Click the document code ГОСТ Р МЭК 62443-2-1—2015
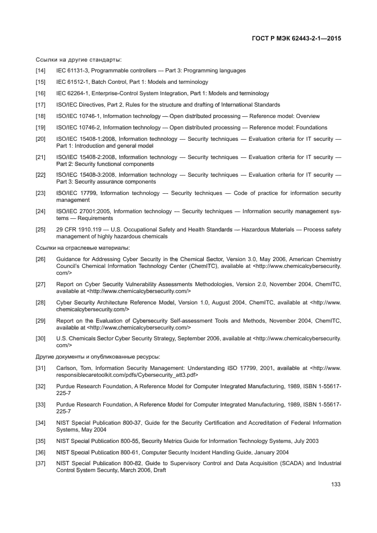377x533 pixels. coord(300,39)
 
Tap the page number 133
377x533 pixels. coord(336,485)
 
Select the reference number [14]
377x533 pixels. coord(40,71)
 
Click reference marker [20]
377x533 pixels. coord(40,139)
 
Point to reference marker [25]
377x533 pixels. coord(40,230)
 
